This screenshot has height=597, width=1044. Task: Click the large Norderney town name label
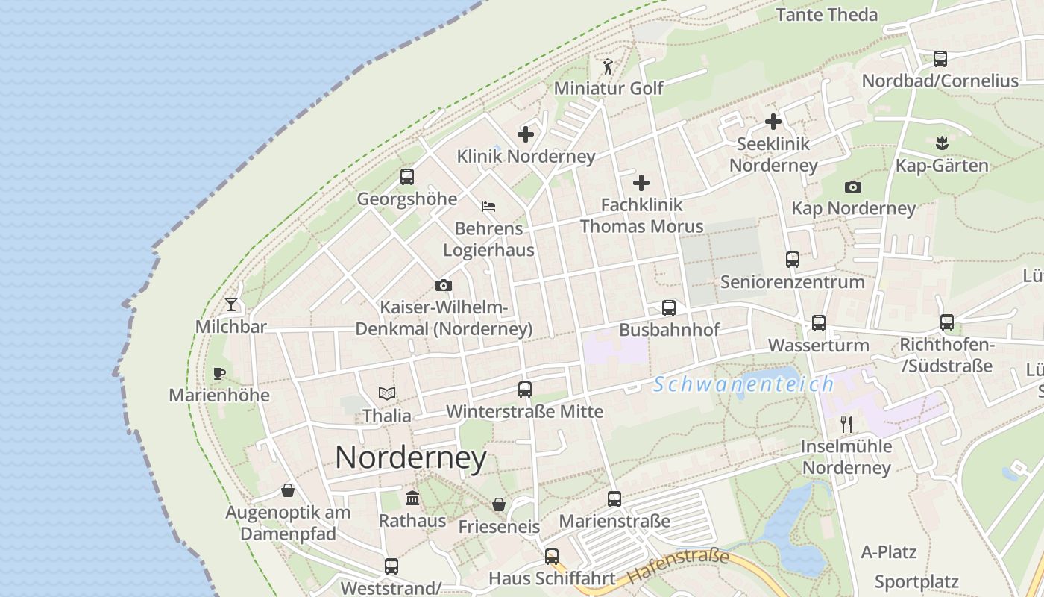[x=411, y=457]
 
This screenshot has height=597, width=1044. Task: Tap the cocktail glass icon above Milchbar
[x=231, y=304]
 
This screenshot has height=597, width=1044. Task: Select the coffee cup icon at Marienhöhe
[x=218, y=372]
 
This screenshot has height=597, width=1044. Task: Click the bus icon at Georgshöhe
[x=406, y=177]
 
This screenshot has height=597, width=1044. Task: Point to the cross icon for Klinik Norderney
[x=526, y=134]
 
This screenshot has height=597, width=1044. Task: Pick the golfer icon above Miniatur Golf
[x=608, y=66]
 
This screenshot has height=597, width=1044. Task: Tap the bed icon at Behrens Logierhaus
[x=488, y=207]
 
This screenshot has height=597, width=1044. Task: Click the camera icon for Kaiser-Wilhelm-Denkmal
[x=444, y=285]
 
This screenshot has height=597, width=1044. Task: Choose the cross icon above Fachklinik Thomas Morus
[x=641, y=183]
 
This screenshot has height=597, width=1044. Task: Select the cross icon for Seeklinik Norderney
[x=773, y=121]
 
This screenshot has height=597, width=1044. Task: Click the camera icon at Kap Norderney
[x=853, y=187]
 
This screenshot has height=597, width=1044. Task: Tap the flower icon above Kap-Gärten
[x=942, y=142]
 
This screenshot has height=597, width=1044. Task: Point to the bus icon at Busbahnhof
[x=669, y=308]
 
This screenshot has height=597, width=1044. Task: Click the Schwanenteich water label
[x=743, y=384]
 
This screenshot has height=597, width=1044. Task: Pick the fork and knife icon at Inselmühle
[x=846, y=425]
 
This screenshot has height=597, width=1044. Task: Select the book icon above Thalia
[x=386, y=393]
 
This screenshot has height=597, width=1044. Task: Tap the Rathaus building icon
[x=412, y=498]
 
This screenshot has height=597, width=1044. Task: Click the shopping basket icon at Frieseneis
[x=499, y=504]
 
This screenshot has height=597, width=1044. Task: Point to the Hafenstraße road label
[x=678, y=566]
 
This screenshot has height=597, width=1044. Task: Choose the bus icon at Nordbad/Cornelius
[x=940, y=58]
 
